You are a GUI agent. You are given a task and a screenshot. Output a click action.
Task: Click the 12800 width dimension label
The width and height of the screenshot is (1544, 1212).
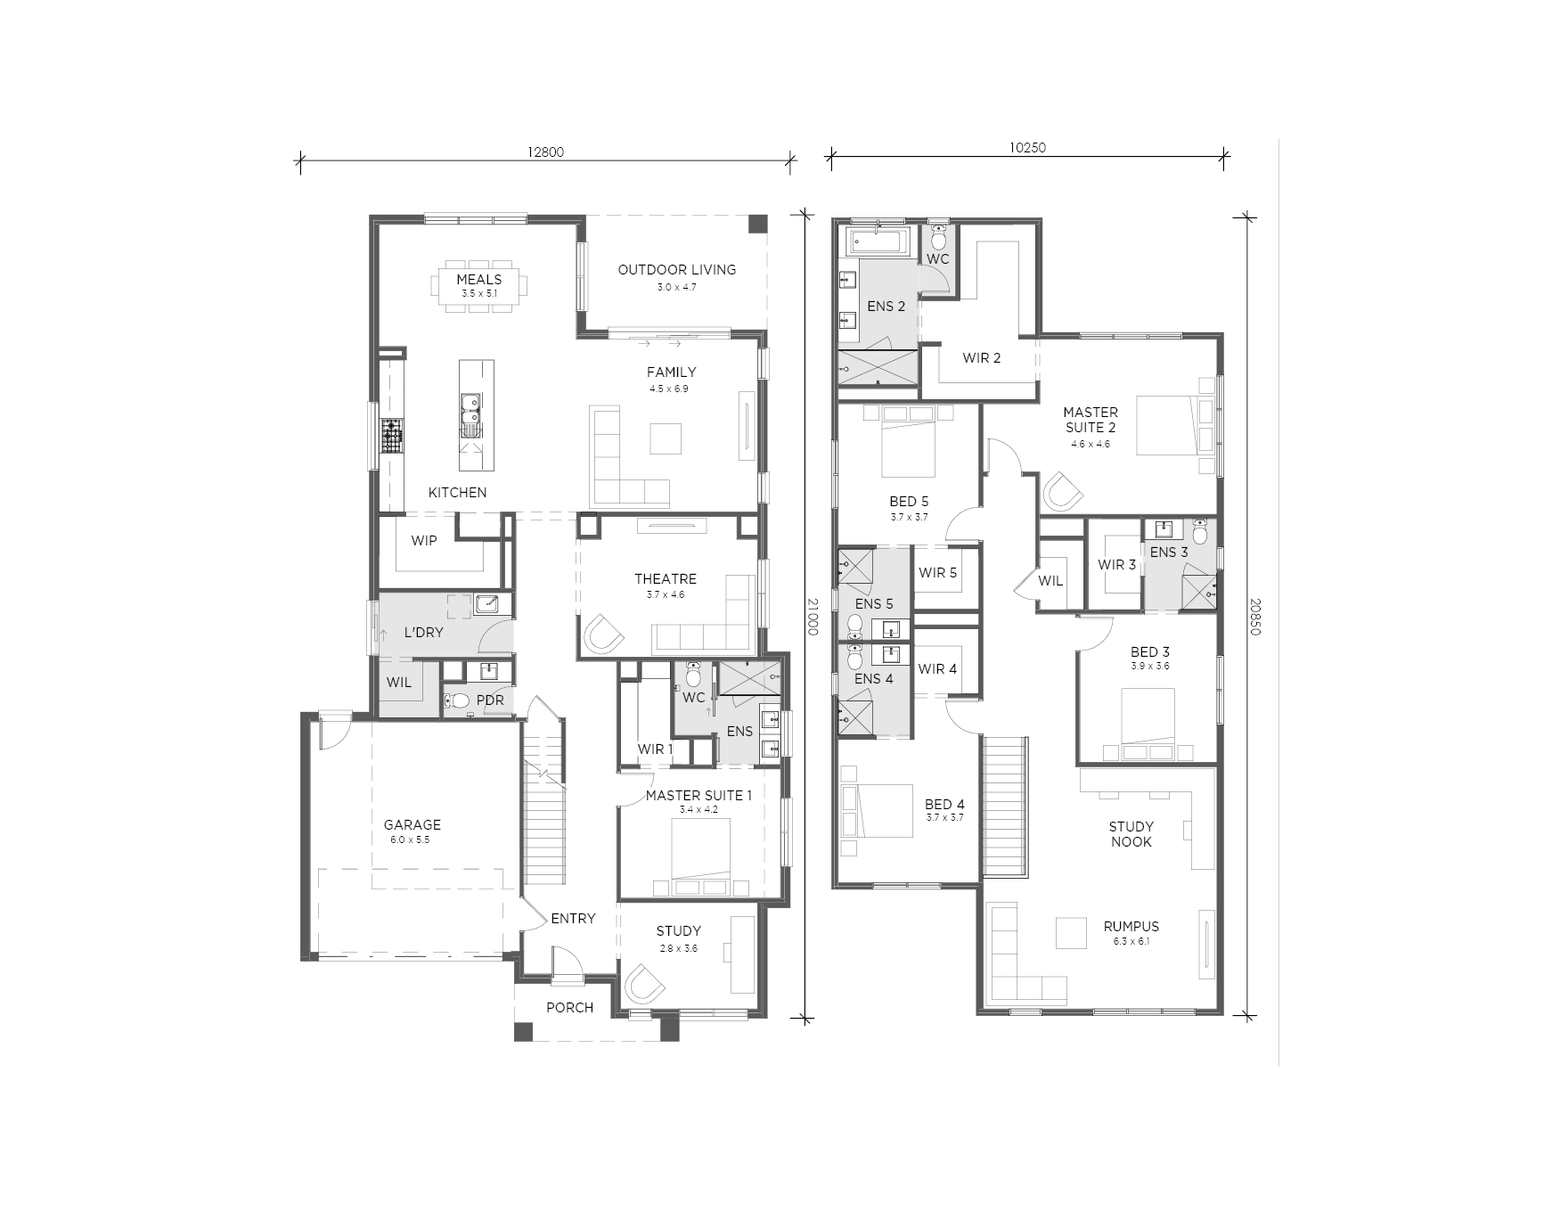[x=545, y=151]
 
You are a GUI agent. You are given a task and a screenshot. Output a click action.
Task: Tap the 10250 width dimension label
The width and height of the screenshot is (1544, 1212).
[x=1027, y=148]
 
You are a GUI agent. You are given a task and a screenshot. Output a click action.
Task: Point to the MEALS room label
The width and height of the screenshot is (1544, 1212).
[x=479, y=279]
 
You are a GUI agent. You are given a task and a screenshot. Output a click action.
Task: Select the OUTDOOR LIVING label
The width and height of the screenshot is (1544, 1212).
[x=677, y=269]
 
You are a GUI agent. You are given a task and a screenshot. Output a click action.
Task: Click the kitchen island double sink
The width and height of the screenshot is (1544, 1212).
[x=470, y=415]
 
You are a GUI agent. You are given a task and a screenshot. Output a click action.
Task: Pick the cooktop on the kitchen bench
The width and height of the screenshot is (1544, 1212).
[x=392, y=437]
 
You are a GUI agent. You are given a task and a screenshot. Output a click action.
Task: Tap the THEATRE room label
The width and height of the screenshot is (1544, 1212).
[x=666, y=578]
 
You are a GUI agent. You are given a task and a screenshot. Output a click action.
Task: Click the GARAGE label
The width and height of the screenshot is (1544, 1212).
[x=413, y=824]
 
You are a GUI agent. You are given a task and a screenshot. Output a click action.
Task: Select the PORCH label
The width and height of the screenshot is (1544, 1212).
[x=570, y=1007]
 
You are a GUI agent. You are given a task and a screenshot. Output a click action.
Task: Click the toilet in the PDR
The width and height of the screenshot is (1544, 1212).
[x=457, y=700]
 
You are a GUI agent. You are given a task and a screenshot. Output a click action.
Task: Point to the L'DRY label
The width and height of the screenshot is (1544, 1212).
[x=423, y=632]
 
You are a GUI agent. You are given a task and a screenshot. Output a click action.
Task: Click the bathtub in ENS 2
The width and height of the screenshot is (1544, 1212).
[x=877, y=240]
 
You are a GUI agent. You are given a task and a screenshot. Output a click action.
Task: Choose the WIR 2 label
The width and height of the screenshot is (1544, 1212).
[x=982, y=357]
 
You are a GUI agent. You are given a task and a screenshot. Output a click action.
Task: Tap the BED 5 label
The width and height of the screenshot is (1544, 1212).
[x=909, y=501]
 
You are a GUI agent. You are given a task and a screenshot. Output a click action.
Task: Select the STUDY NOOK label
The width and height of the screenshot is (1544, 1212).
[x=1131, y=833]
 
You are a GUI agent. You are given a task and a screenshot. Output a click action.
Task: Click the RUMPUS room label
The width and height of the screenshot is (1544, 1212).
[x=1131, y=926]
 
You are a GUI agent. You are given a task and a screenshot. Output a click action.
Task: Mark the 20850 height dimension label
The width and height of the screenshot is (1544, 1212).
[x=1255, y=616]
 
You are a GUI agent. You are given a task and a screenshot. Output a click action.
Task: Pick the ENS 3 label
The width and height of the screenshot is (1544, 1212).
[x=1169, y=552]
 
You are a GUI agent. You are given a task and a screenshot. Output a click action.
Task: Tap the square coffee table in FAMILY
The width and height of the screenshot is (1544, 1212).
[x=666, y=438]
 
